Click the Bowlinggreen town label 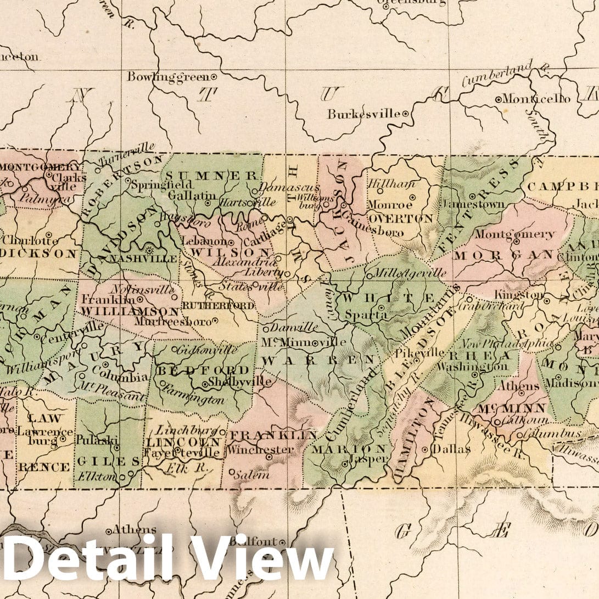point(169,77)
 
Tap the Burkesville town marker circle point(405,114)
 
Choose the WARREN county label point(318,360)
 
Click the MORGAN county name point(502,255)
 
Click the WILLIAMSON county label point(110,310)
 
